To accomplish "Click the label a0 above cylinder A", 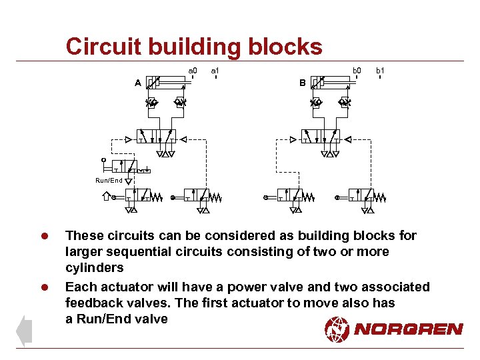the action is click(193, 69).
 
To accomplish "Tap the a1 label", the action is click(215, 69).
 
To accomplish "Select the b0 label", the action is click(357, 69).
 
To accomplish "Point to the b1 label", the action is click(380, 69).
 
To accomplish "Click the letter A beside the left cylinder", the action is click(137, 83).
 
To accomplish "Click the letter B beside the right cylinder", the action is click(302, 83).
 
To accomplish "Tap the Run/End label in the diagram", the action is click(109, 180).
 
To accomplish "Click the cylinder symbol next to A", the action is click(167, 83).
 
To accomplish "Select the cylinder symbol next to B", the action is click(332, 83).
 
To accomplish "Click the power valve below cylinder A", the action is click(156, 137).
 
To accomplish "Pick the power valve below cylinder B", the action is click(321, 137).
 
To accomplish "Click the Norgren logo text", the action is click(408, 329).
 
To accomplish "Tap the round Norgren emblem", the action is click(337, 329).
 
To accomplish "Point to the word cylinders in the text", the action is click(94, 268).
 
